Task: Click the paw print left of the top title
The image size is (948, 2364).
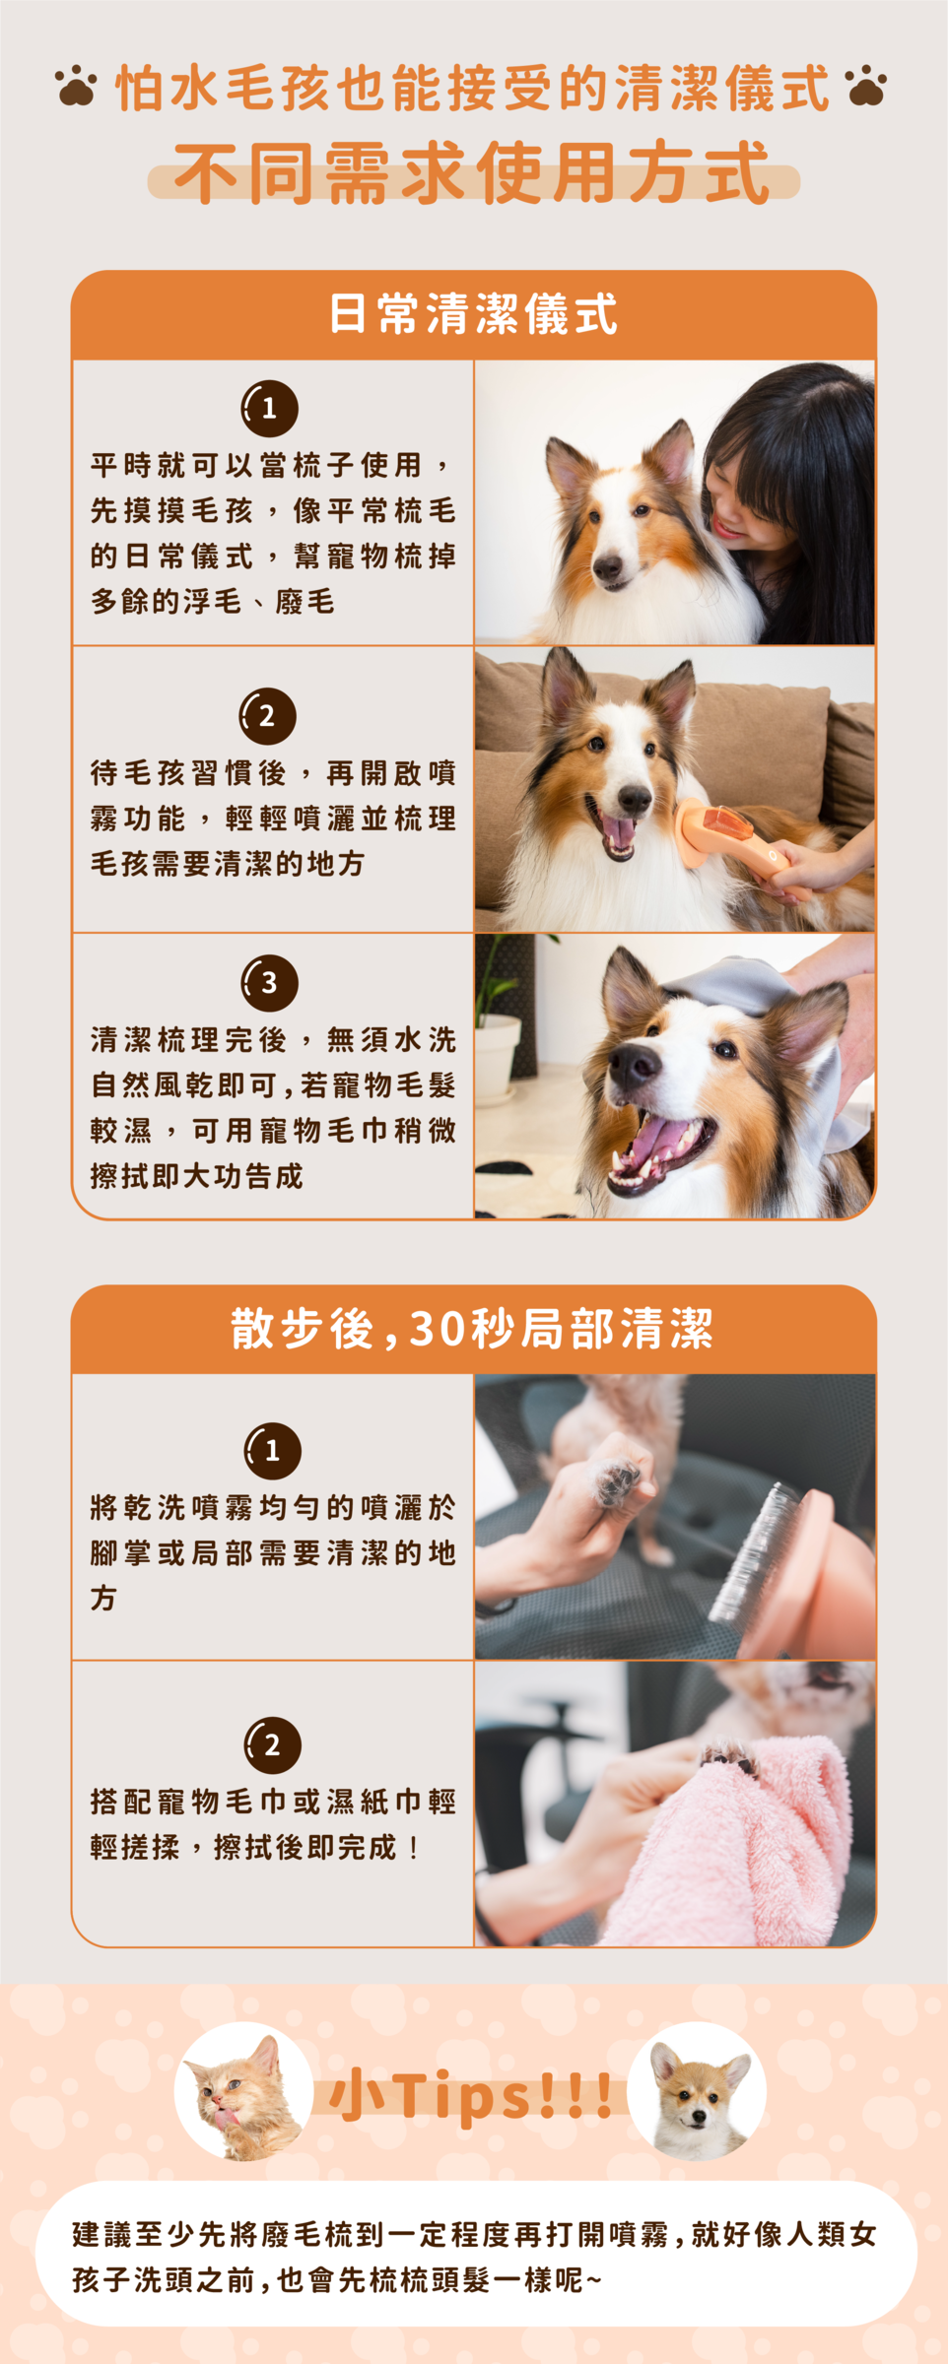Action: click(x=77, y=86)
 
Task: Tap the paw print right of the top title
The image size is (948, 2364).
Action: click(x=866, y=86)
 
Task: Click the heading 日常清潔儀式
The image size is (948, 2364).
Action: click(x=473, y=314)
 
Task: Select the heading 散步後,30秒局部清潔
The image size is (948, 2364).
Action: click(x=473, y=1329)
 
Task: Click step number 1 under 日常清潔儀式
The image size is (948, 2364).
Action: click(x=269, y=408)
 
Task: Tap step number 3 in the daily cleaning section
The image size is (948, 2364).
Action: click(x=269, y=982)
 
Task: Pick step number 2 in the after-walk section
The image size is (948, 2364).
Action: click(x=272, y=1744)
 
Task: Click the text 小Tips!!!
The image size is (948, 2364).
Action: click(x=471, y=2095)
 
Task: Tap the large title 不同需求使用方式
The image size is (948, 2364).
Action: click(x=473, y=172)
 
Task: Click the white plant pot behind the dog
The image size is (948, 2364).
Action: click(x=498, y=1057)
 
